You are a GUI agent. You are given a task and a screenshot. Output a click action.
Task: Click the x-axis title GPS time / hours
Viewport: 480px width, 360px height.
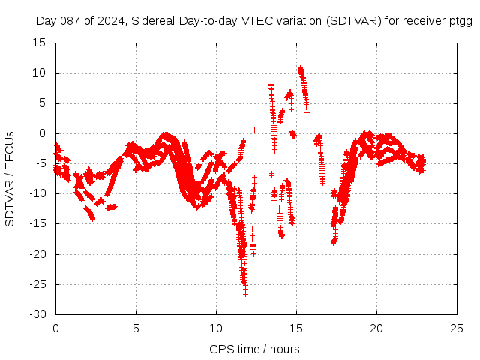(x=254, y=349)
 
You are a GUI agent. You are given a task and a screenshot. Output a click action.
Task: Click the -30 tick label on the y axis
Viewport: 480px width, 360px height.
(x=37, y=314)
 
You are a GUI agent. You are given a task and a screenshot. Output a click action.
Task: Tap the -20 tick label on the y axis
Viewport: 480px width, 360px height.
(x=37, y=254)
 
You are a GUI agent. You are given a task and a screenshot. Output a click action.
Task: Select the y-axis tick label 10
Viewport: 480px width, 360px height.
(x=40, y=73)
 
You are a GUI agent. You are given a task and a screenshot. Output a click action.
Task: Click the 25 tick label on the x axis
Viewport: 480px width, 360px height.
(x=457, y=328)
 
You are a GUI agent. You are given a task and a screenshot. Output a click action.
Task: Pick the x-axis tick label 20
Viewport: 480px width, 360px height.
(x=376, y=328)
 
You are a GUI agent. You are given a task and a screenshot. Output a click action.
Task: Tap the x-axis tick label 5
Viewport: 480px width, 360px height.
(x=136, y=328)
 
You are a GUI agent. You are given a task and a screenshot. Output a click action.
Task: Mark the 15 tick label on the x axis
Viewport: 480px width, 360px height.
(x=296, y=328)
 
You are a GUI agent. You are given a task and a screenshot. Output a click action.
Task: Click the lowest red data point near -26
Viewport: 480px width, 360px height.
(x=245, y=292)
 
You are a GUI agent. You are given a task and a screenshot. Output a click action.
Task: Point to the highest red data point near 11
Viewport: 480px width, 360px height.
(x=299, y=67)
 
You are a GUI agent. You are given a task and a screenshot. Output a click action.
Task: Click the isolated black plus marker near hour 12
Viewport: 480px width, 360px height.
(x=255, y=130)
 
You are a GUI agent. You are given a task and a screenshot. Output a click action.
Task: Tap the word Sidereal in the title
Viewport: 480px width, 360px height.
(x=155, y=21)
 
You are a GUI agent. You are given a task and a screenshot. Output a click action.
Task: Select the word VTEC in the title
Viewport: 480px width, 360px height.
(x=253, y=21)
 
